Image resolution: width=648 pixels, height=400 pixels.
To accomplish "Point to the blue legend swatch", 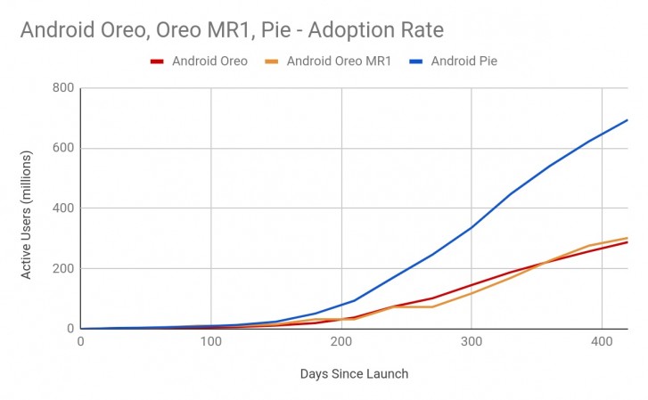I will tap(416, 62).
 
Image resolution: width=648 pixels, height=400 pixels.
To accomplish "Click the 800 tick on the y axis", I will tap(63, 88).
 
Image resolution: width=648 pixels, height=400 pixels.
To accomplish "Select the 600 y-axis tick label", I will tap(63, 149).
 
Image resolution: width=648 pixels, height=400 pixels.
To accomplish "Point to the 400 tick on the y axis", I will tap(63, 208).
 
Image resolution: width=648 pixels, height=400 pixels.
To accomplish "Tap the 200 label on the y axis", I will tap(63, 269).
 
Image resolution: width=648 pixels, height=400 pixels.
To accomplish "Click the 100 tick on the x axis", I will tap(210, 341).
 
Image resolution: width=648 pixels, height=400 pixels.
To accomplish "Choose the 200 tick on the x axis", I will tap(340, 341).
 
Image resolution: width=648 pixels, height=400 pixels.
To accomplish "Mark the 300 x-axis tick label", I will tap(471, 341).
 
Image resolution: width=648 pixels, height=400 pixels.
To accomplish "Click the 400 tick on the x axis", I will tap(602, 341).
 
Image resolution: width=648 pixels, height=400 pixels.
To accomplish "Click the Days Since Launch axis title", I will tap(353, 374).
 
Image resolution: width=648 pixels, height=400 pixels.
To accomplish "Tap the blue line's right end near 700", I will tap(627, 120).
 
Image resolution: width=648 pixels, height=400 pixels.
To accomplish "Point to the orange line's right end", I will tap(627, 238).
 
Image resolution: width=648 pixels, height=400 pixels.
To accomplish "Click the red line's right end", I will tap(627, 242).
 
